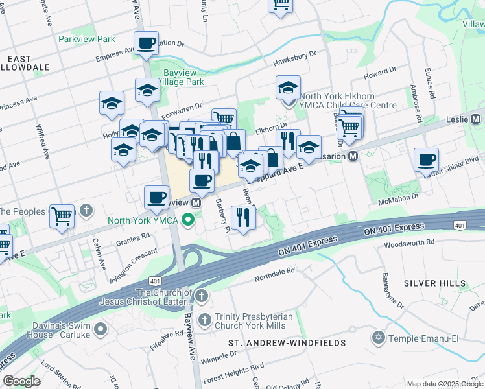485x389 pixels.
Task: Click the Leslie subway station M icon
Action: tap(475, 119)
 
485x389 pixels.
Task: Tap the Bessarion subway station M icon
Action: tap(353, 156)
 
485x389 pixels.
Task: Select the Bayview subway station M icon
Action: tap(195, 203)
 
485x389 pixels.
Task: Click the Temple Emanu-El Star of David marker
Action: tap(378, 338)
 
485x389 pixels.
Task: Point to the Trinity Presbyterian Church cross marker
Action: tap(205, 320)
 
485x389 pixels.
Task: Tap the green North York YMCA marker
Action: tap(189, 220)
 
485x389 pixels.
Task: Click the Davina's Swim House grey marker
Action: tap(101, 330)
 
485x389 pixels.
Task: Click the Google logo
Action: tap(21, 381)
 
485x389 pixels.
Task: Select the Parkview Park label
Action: tap(86, 39)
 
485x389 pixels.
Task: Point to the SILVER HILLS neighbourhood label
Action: tap(434, 283)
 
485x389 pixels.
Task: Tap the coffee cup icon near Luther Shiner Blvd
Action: tap(426, 160)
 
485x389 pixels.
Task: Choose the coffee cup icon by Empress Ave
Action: tap(146, 43)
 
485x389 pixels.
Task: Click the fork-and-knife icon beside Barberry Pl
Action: tap(243, 217)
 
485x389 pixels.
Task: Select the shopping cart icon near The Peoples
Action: tap(63, 215)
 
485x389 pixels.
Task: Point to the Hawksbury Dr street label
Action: tap(294, 59)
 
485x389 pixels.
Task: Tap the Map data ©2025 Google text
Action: tap(444, 384)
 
